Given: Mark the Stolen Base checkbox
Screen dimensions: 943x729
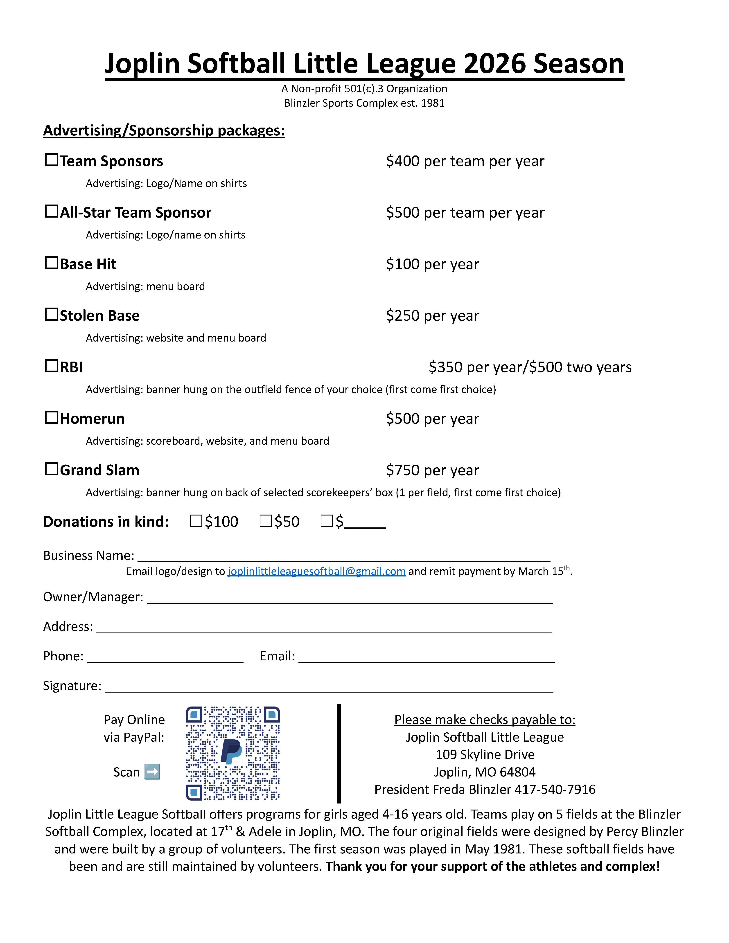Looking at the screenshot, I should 51,314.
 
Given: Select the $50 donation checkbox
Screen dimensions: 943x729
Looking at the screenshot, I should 266,521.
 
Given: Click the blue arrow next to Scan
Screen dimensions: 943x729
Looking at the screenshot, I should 152,772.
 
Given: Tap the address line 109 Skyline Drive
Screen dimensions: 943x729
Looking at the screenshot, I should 485,754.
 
